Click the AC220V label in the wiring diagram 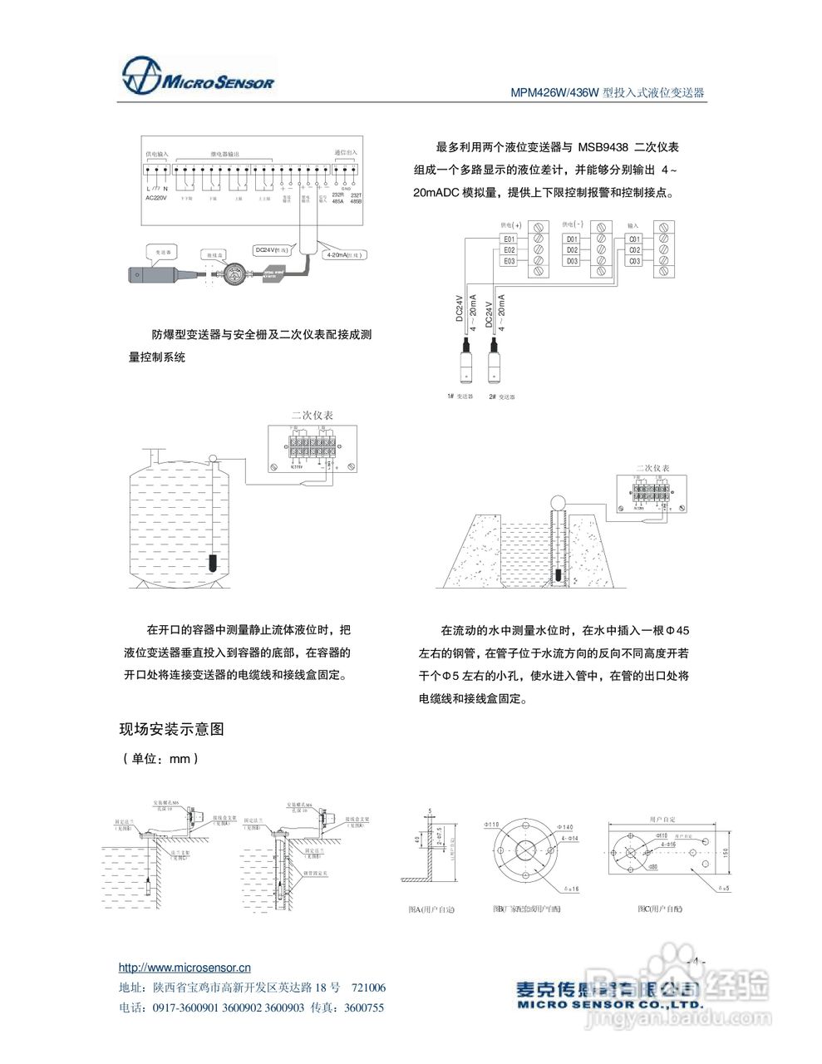click(156, 198)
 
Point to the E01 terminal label click(509, 239)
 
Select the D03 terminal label click(572, 261)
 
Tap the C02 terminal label click(634, 250)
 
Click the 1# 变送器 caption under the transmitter click(460, 397)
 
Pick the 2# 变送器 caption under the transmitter click(502, 397)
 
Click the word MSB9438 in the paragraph click(603, 147)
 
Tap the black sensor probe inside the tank click(214, 563)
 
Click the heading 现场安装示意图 click(172, 730)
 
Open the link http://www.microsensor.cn click(185, 968)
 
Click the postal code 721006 click(369, 988)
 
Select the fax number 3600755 click(364, 1007)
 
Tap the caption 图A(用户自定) click(431, 909)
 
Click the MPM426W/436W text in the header click(554, 93)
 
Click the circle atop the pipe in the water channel click(558, 501)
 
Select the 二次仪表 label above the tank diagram click(312, 415)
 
